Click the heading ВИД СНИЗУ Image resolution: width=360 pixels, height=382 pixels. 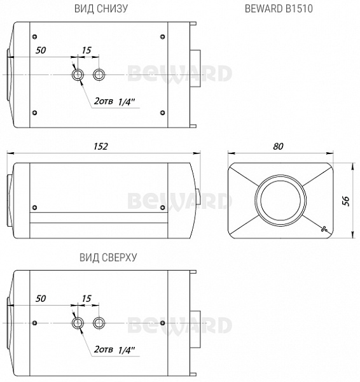101,8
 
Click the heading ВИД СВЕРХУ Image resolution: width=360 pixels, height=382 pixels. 108,257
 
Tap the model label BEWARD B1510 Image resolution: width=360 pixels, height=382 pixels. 279,8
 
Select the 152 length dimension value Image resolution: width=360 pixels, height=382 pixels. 100,146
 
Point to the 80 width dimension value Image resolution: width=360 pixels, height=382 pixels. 278,146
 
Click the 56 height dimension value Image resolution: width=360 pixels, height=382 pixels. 345,201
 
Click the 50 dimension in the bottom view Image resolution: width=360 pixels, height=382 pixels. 41,50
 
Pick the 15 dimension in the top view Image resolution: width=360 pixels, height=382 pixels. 87,299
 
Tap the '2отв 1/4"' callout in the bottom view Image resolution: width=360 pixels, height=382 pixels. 114,101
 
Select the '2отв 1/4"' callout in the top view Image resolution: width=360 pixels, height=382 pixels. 114,350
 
